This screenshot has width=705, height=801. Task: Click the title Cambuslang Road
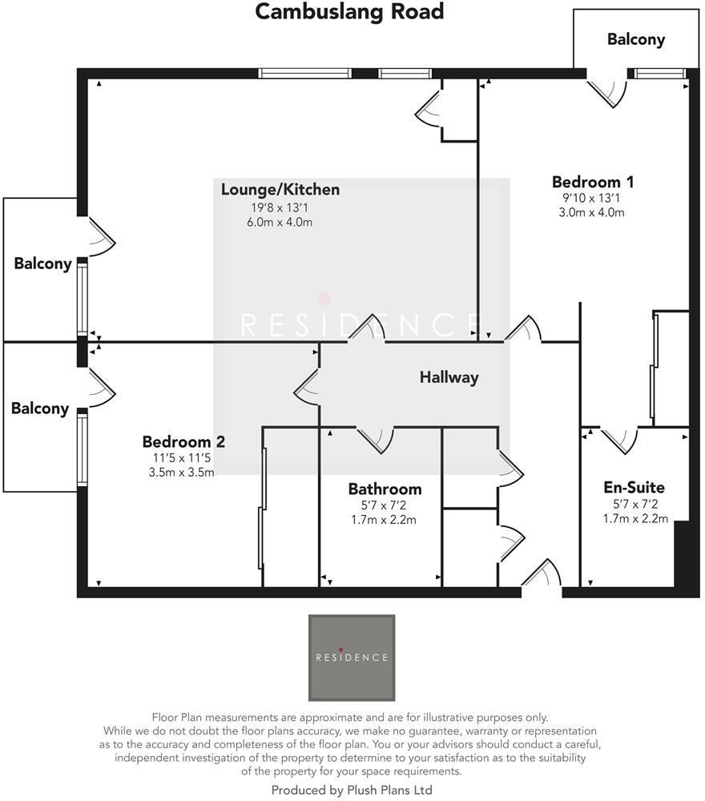click(349, 13)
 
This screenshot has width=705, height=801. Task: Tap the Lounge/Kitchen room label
click(280, 190)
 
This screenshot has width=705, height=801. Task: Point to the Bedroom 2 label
click(183, 441)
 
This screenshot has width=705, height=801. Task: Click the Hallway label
click(449, 377)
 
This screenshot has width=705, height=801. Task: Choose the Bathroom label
click(385, 489)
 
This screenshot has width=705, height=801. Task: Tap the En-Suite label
click(634, 487)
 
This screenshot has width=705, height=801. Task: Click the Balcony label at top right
click(635, 39)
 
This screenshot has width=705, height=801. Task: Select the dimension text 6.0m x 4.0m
click(280, 222)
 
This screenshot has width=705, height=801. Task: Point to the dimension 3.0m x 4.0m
click(591, 212)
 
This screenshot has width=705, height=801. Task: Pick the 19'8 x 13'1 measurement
click(280, 207)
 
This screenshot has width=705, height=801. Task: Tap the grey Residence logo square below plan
click(352, 658)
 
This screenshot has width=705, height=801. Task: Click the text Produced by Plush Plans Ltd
click(352, 790)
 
